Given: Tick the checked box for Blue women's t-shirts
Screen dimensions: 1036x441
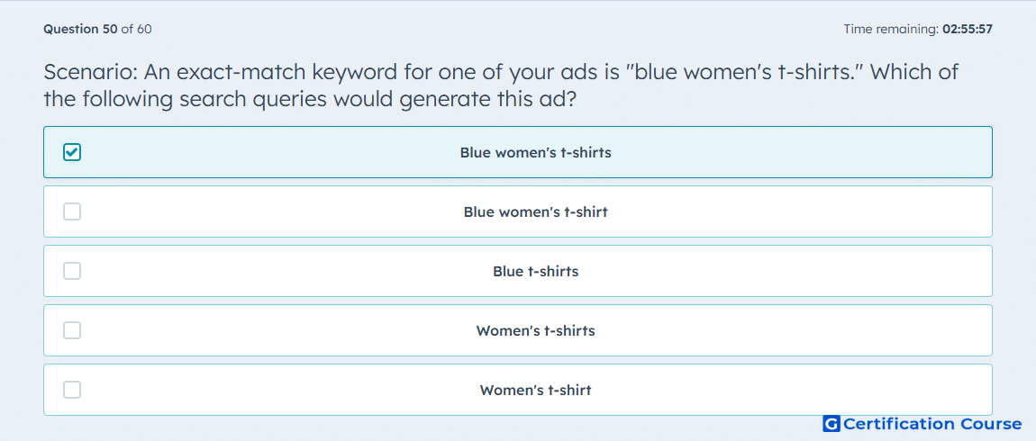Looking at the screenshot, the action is [x=72, y=152].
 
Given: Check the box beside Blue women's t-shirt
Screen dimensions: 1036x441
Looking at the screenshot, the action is [x=72, y=211].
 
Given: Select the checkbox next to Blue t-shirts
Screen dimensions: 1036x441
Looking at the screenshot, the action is [x=72, y=271].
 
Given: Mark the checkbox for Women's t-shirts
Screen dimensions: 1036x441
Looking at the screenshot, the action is [x=72, y=331].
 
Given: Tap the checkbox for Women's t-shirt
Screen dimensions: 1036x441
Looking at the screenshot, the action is [x=72, y=391].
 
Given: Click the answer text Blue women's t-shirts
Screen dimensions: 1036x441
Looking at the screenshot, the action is [x=536, y=152].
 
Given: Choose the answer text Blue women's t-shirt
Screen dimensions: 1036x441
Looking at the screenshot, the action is [x=536, y=211].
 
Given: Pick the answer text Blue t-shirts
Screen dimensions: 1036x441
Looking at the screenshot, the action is [x=536, y=271].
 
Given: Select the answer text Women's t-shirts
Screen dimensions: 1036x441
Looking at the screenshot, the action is [x=536, y=331].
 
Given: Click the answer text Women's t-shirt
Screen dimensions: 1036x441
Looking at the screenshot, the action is [x=536, y=391].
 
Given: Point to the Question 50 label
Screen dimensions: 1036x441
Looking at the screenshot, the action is [x=80, y=29].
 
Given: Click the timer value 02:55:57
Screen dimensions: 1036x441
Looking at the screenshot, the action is [x=968, y=29].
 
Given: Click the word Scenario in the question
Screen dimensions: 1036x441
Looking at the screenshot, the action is [x=89, y=71].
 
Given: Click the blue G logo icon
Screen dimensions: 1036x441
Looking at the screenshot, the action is [x=832, y=424].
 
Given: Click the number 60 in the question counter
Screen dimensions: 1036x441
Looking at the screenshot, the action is [x=145, y=29].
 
